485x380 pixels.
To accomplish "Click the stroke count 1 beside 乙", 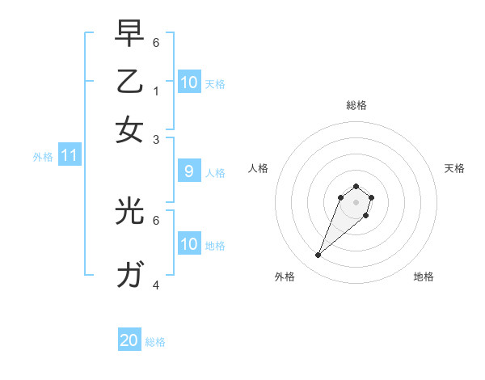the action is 156,91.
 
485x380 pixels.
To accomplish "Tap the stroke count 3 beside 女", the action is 156,139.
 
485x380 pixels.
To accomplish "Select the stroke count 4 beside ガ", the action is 156,285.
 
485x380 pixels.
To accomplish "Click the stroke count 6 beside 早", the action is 156,42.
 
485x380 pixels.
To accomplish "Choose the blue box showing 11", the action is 69,156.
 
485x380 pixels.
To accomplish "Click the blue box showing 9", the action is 188,171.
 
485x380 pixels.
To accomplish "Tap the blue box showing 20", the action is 129,340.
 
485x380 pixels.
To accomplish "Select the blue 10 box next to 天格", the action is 188,82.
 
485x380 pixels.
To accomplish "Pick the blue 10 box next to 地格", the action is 188,244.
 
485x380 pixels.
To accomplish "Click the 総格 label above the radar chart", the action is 356,105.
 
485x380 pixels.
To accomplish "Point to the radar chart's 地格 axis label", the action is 424,277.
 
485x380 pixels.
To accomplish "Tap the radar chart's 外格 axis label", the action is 285,277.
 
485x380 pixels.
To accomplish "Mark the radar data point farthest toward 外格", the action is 318,255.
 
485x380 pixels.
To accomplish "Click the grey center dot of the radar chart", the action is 356,202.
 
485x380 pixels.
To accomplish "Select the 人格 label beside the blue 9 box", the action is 215,172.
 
